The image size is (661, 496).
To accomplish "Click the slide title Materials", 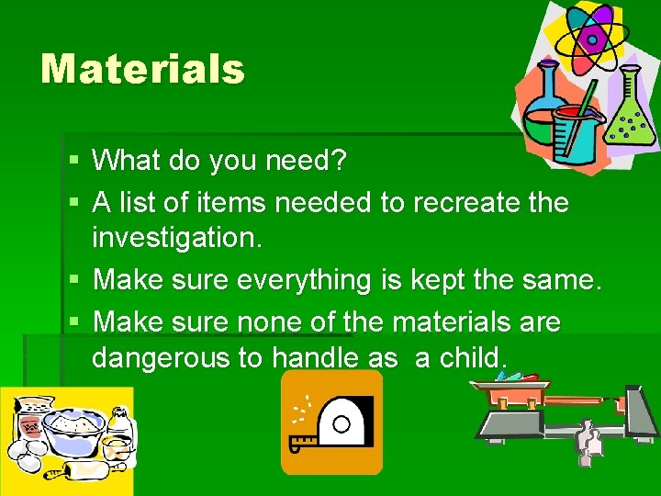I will (x=142, y=69).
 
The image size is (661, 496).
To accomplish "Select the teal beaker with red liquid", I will (x=575, y=133).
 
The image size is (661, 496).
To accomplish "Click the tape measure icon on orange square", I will (x=331, y=422).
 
